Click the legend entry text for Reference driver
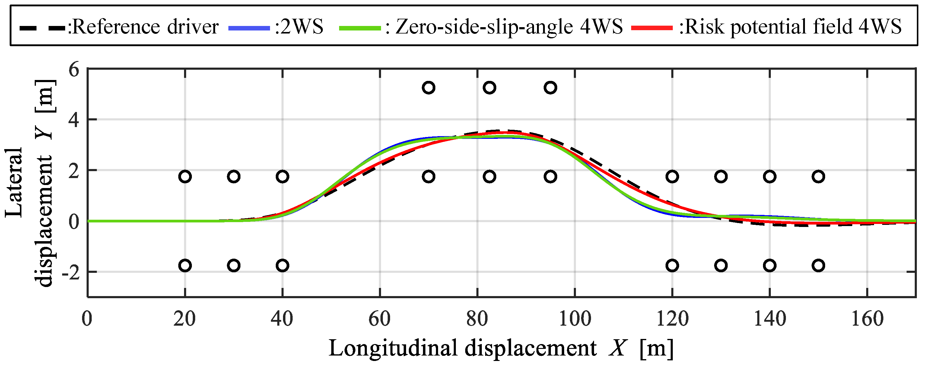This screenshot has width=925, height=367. pos(144,27)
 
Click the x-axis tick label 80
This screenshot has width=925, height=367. pos(477,319)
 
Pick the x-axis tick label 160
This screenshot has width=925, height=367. pos(867,319)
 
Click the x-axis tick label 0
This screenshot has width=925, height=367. pos(87,319)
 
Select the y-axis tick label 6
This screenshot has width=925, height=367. pos(74,69)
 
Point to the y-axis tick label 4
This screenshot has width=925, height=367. pos(74,120)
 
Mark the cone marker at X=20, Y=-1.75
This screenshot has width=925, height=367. pos(185,265)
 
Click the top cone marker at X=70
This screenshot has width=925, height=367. pos(428,88)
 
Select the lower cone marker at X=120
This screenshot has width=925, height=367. pos(672,265)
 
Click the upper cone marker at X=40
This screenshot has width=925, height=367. pos(283,177)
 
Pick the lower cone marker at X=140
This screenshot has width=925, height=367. pos(770,265)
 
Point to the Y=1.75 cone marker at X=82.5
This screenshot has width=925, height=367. pos(489,177)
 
